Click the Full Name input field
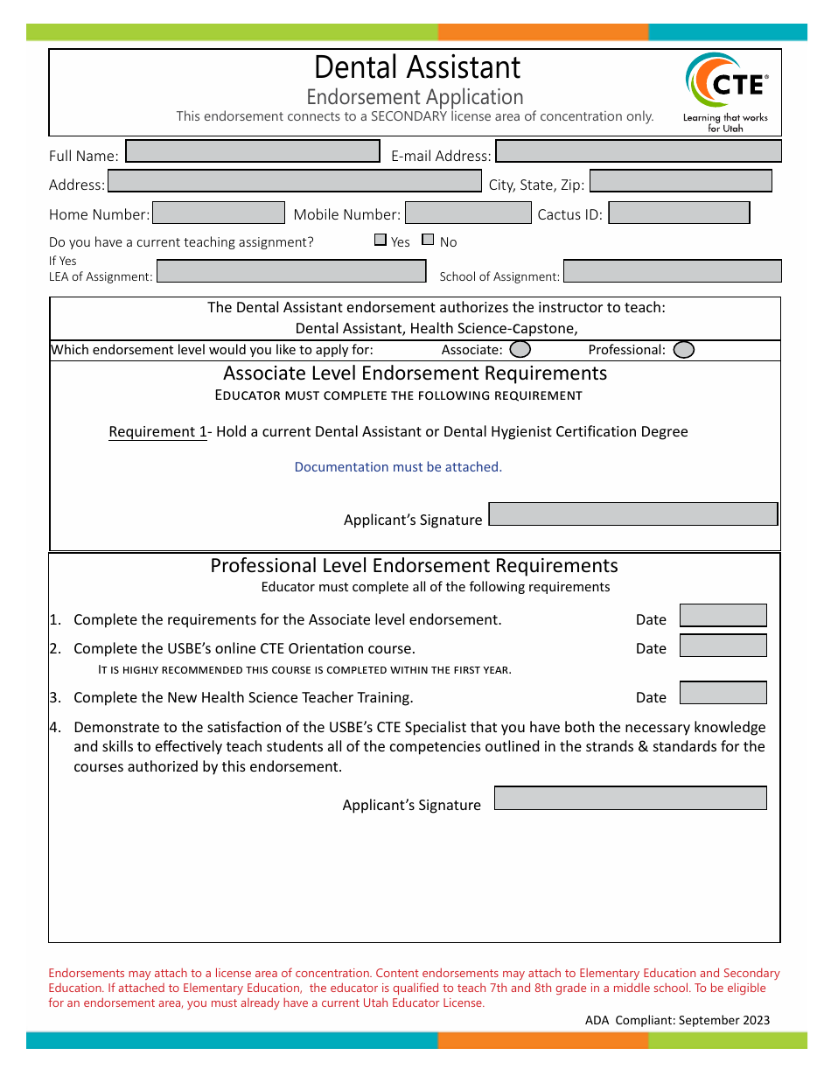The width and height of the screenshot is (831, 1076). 253,151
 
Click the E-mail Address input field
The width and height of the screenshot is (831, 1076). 638,151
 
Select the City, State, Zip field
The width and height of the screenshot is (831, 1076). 681,181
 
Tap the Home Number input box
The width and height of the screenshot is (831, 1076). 219,213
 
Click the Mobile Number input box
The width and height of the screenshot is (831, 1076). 468,213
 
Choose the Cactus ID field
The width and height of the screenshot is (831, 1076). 679,213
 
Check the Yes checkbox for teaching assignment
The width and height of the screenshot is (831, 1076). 381,240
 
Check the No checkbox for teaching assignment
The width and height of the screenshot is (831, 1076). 428,240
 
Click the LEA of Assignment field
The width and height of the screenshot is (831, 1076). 290,271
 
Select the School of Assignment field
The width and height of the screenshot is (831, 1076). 672,271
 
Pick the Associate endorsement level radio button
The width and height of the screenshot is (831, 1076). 520,350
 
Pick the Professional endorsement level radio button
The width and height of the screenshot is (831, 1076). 684,350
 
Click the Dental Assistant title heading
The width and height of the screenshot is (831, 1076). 416,67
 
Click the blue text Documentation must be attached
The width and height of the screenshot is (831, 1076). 398,467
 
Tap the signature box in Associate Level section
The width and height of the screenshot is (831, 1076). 632,514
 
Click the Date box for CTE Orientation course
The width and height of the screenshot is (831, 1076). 723,646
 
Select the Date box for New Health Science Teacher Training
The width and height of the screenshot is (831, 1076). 723,693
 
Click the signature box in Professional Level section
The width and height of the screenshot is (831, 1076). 630,798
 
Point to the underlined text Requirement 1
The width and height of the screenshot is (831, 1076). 157,432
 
